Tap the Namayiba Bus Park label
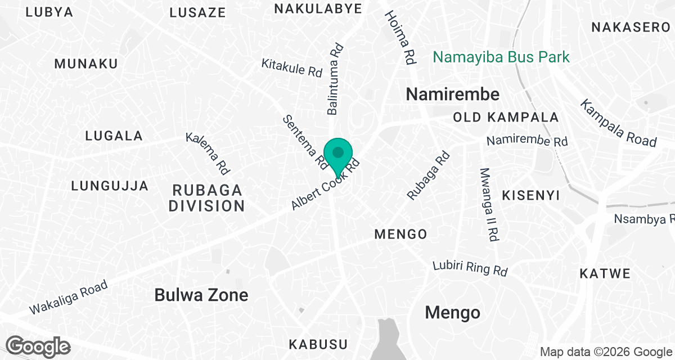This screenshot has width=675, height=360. click(x=501, y=57)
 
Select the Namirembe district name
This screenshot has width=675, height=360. click(x=452, y=94)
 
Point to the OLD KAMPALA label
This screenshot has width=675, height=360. click(x=506, y=118)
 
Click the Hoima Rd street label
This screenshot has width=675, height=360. click(x=400, y=37)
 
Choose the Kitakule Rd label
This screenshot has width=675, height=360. click(x=291, y=67)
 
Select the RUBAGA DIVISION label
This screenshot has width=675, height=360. click(x=207, y=197)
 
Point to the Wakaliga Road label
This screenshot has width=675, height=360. click(x=68, y=298)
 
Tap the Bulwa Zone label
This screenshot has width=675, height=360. click(x=201, y=295)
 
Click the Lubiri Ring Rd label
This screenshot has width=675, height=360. click(x=470, y=268)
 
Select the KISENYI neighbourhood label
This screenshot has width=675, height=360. click(x=530, y=195)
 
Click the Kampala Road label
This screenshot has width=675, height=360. click(x=618, y=123)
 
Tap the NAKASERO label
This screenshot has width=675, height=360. click(x=631, y=26)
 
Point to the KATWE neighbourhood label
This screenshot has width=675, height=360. click(x=605, y=274)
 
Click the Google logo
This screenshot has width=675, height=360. click(x=38, y=346)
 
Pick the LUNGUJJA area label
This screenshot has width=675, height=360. click(x=110, y=186)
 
